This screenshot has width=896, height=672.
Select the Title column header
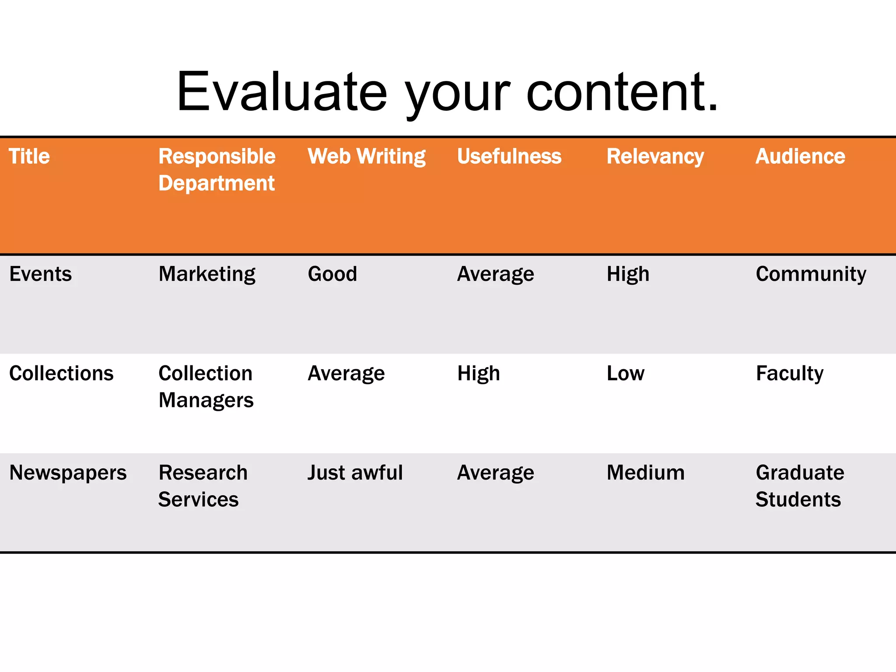pyautogui.click(x=29, y=156)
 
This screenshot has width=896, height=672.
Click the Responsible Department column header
pyautogui.click(x=217, y=170)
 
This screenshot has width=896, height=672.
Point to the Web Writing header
pyautogui.click(x=367, y=156)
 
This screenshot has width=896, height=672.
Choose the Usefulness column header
pyautogui.click(x=509, y=156)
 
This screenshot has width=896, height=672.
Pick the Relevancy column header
pyautogui.click(x=655, y=156)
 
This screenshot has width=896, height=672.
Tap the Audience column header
pyautogui.click(x=800, y=156)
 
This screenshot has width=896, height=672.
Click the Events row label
pyautogui.click(x=41, y=274)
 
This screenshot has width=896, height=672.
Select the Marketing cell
pyautogui.click(x=207, y=274)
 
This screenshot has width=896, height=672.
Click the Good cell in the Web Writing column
pyautogui.click(x=332, y=274)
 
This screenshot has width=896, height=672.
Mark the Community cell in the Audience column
pyautogui.click(x=811, y=274)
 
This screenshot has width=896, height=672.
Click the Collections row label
pyautogui.click(x=61, y=373)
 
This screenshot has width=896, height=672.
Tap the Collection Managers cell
pyautogui.click(x=206, y=386)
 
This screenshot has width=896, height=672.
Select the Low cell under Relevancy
pyautogui.click(x=625, y=373)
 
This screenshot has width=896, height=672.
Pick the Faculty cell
pyautogui.click(x=790, y=373)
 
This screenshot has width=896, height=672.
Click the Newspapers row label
pyautogui.click(x=68, y=472)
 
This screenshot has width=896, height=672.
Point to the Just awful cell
pyautogui.click(x=355, y=472)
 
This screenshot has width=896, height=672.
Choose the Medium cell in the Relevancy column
pyautogui.click(x=645, y=472)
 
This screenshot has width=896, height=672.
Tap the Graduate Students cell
pyautogui.click(x=799, y=486)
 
